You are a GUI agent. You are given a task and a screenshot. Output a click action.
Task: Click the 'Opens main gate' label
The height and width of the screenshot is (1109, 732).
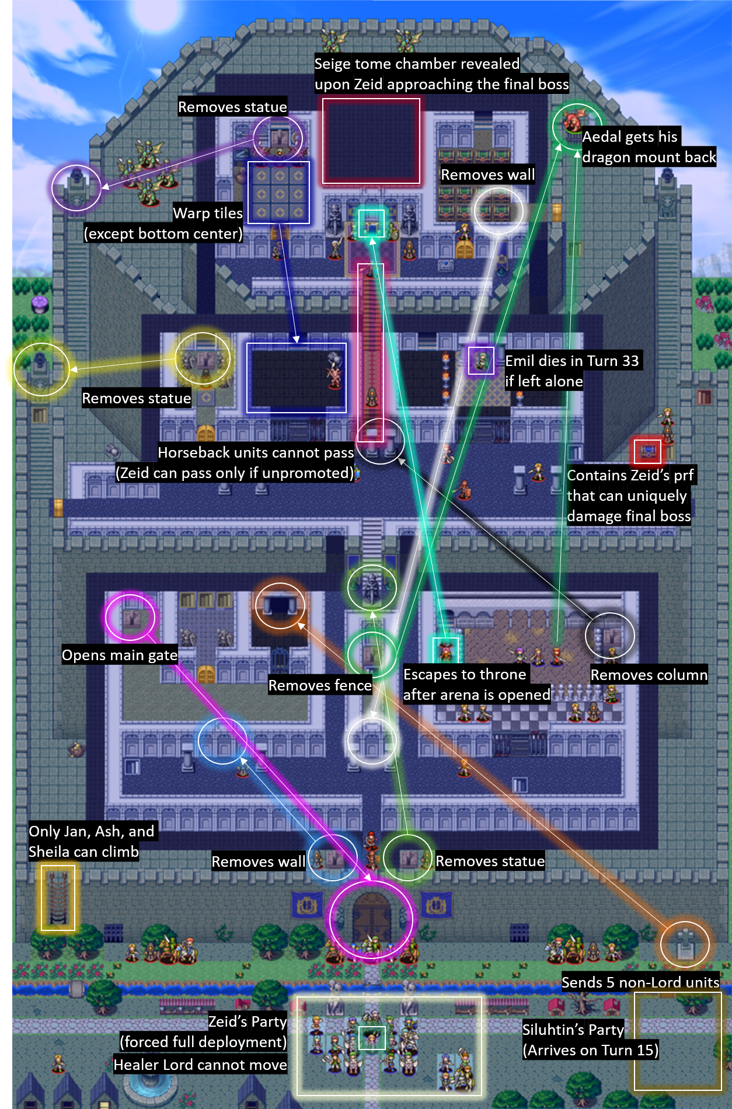[120, 655]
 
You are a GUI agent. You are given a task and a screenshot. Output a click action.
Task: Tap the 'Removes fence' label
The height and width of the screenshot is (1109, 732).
[320, 685]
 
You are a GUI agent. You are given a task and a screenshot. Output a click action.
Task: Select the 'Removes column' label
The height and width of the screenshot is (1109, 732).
[649, 675]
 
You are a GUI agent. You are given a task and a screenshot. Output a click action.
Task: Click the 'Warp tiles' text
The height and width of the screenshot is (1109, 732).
[208, 213]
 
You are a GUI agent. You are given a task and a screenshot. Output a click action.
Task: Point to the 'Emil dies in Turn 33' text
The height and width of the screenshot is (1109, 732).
[572, 361]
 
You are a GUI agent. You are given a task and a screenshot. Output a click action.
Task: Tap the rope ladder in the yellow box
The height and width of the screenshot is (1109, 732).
[58, 898]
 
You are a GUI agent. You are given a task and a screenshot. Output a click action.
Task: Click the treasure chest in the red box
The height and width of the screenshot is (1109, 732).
[647, 451]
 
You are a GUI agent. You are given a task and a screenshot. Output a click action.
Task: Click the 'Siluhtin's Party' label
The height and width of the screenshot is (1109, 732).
[573, 1029]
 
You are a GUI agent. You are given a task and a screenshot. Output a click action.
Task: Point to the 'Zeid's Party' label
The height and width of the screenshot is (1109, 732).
[248, 1021]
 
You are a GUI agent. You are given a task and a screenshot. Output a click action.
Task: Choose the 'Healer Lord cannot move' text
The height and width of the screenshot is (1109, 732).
[200, 1065]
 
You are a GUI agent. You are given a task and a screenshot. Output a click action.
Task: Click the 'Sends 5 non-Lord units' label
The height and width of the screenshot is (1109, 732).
[640, 982]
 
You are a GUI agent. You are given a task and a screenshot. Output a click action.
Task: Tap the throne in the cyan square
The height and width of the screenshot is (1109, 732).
[371, 223]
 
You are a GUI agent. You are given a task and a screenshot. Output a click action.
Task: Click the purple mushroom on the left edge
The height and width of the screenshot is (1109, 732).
[40, 304]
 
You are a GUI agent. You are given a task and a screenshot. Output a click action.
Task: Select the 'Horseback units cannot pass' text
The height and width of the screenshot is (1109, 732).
[256, 452]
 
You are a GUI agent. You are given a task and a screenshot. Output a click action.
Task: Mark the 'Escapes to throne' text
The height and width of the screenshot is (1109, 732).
[465, 674]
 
